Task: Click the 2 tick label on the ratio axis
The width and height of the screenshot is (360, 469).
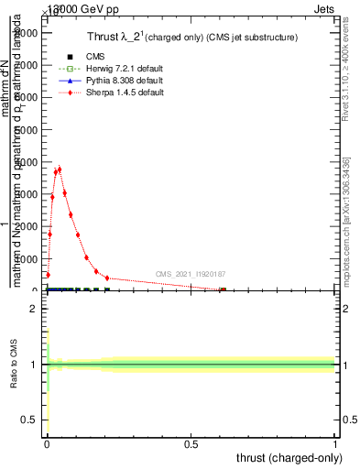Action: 33,310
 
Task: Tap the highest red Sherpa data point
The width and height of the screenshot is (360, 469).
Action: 60,169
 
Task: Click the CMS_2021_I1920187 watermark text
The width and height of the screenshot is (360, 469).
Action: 190,274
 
